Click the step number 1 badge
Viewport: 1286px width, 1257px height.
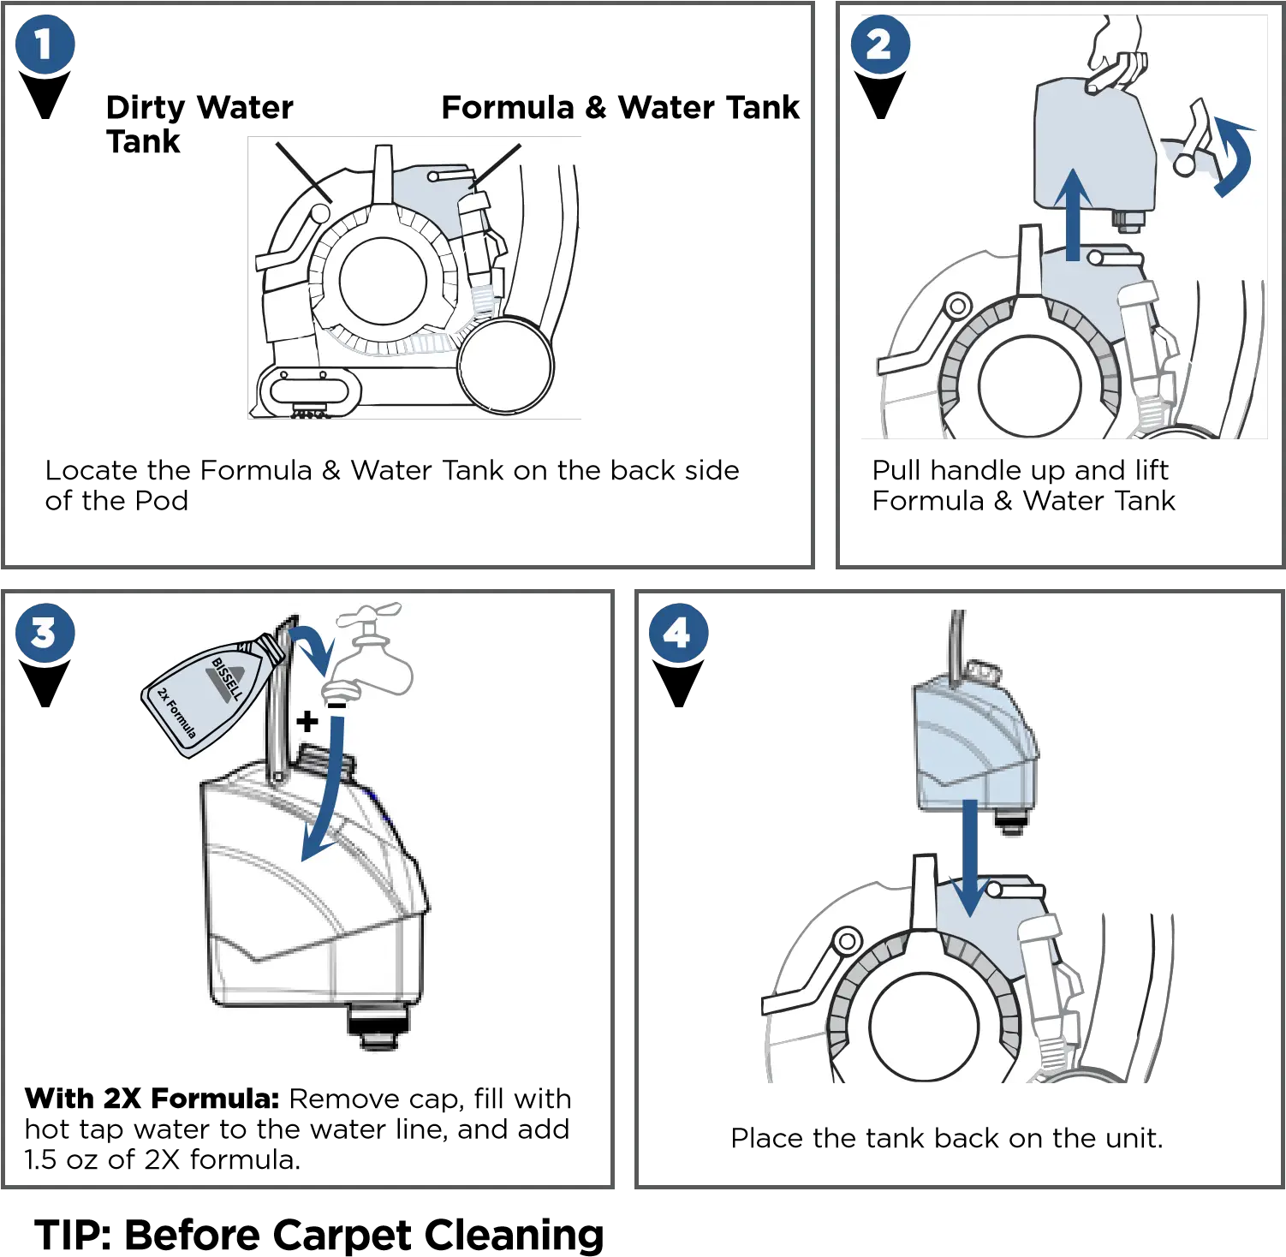click(x=45, y=45)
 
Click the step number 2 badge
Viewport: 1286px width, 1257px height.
click(x=880, y=45)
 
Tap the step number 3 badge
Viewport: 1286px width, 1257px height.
click(x=45, y=634)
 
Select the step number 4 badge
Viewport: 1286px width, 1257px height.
click(x=678, y=634)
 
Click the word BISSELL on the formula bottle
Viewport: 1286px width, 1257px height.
click(x=226, y=679)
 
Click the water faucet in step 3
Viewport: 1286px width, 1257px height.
click(x=372, y=655)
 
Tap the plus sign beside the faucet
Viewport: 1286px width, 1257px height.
click(x=307, y=722)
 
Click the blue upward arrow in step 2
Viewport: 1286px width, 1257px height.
click(x=1072, y=214)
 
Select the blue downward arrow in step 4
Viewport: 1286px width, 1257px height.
click(x=969, y=856)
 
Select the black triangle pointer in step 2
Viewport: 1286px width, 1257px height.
click(x=880, y=92)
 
